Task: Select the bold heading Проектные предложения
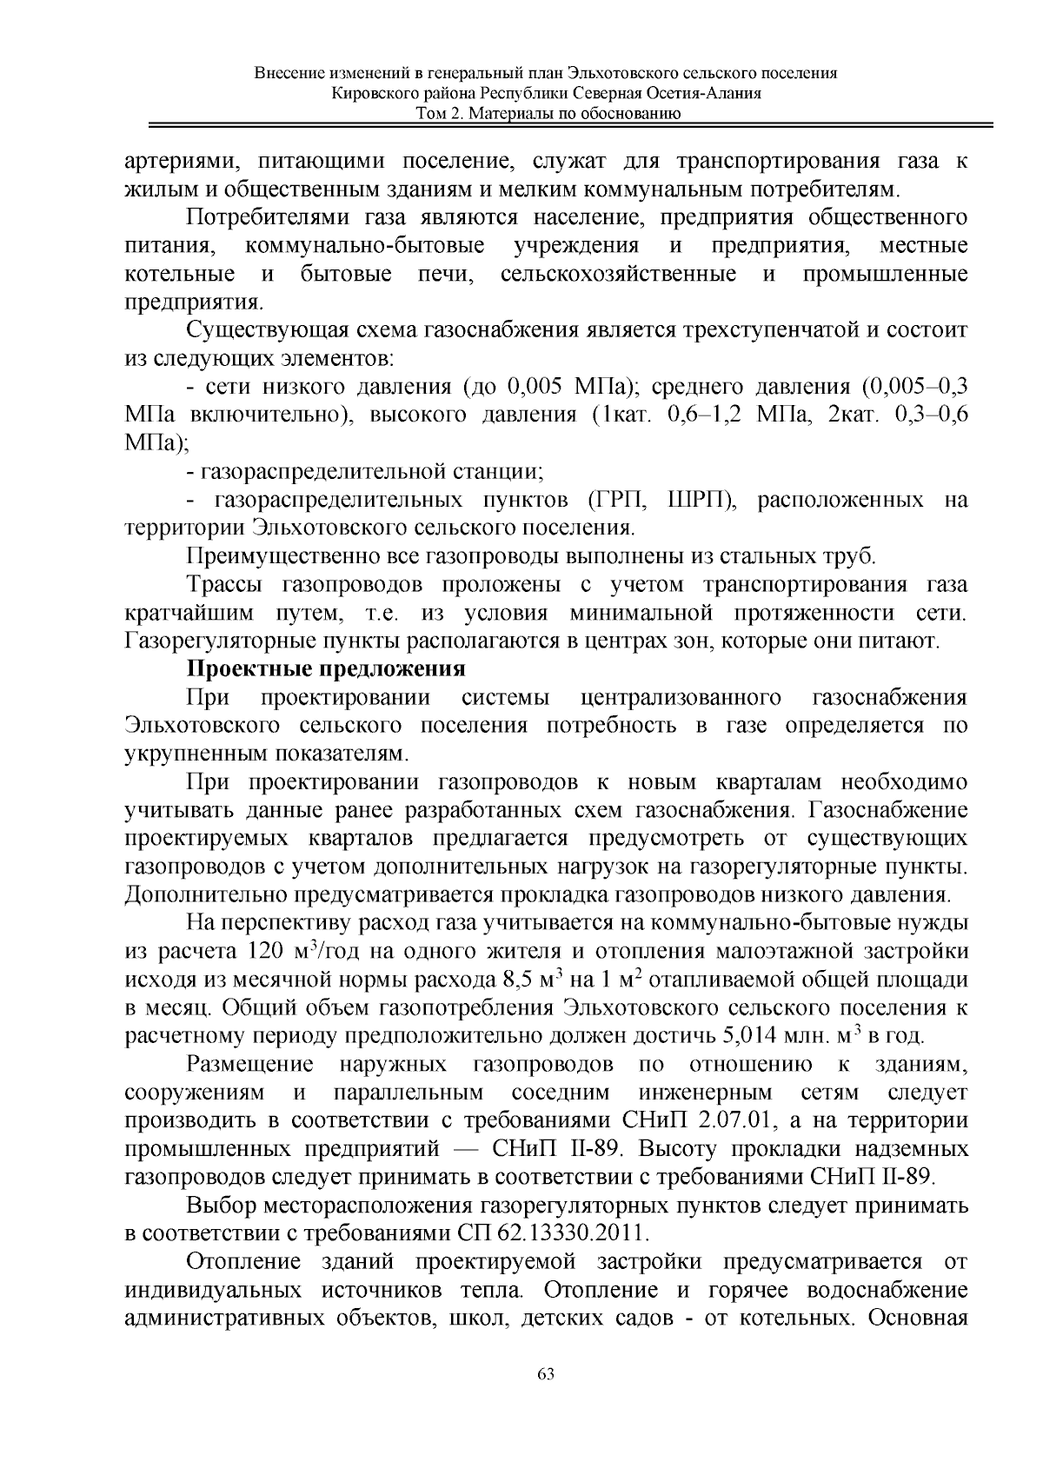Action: (326, 669)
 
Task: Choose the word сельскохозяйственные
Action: (619, 275)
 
